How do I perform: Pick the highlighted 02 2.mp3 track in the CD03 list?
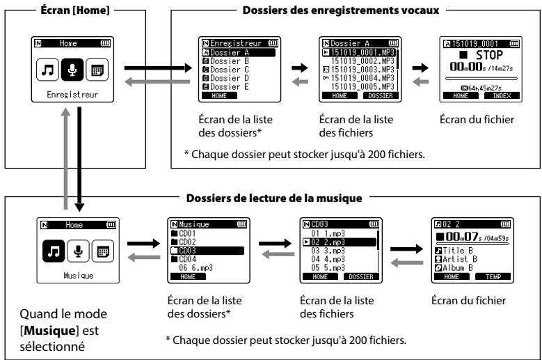coord(339,242)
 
